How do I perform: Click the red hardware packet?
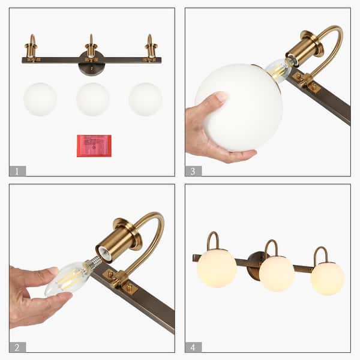pyautogui.click(x=94, y=146)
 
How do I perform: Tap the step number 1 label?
pyautogui.click(x=17, y=171)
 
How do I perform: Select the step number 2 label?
pyautogui.click(x=17, y=347)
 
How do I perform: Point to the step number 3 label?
pyautogui.click(x=193, y=171)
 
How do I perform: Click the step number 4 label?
pyautogui.click(x=193, y=347)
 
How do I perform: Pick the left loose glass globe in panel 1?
pyautogui.click(x=40, y=100)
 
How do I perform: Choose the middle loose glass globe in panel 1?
pyautogui.click(x=93, y=100)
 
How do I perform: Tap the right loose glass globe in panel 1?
pyautogui.click(x=145, y=100)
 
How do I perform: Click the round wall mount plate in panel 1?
pyautogui.click(x=91, y=64)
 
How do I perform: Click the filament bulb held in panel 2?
pyautogui.click(x=68, y=278)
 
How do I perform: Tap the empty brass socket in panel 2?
pyautogui.click(x=114, y=242)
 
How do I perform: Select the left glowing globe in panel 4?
pyautogui.click(x=217, y=268)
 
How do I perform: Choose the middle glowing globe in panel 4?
pyautogui.click(x=277, y=274)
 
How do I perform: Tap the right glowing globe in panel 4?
pyautogui.click(x=328, y=278)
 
